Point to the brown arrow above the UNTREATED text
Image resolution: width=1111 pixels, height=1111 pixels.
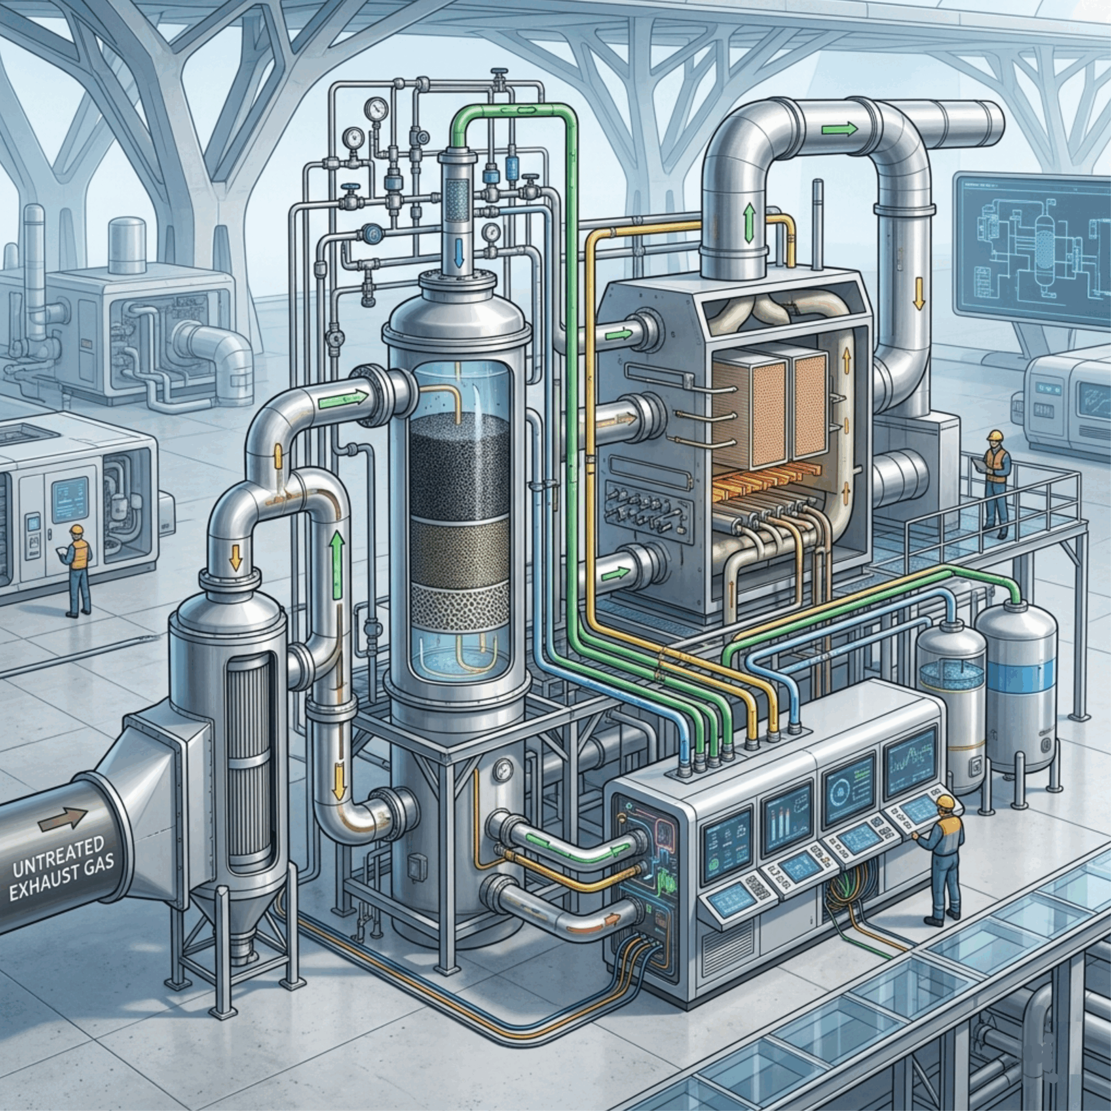point(64,819)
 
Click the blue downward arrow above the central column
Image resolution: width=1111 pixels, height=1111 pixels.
point(459,253)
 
